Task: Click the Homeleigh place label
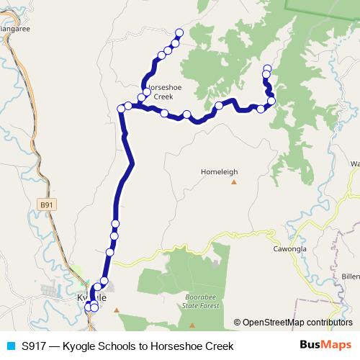[219, 172]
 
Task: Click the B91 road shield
[47, 205]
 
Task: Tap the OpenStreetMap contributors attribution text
[297, 323]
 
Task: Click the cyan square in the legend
[10, 346]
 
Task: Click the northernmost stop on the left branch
[179, 33]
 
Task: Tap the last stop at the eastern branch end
[267, 68]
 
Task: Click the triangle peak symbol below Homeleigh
[234, 181]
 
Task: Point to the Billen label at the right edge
[351, 276]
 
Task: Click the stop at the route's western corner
[121, 108]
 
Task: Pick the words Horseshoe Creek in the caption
[194, 346]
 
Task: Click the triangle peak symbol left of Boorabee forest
[117, 310]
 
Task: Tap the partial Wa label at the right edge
[354, 164]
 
